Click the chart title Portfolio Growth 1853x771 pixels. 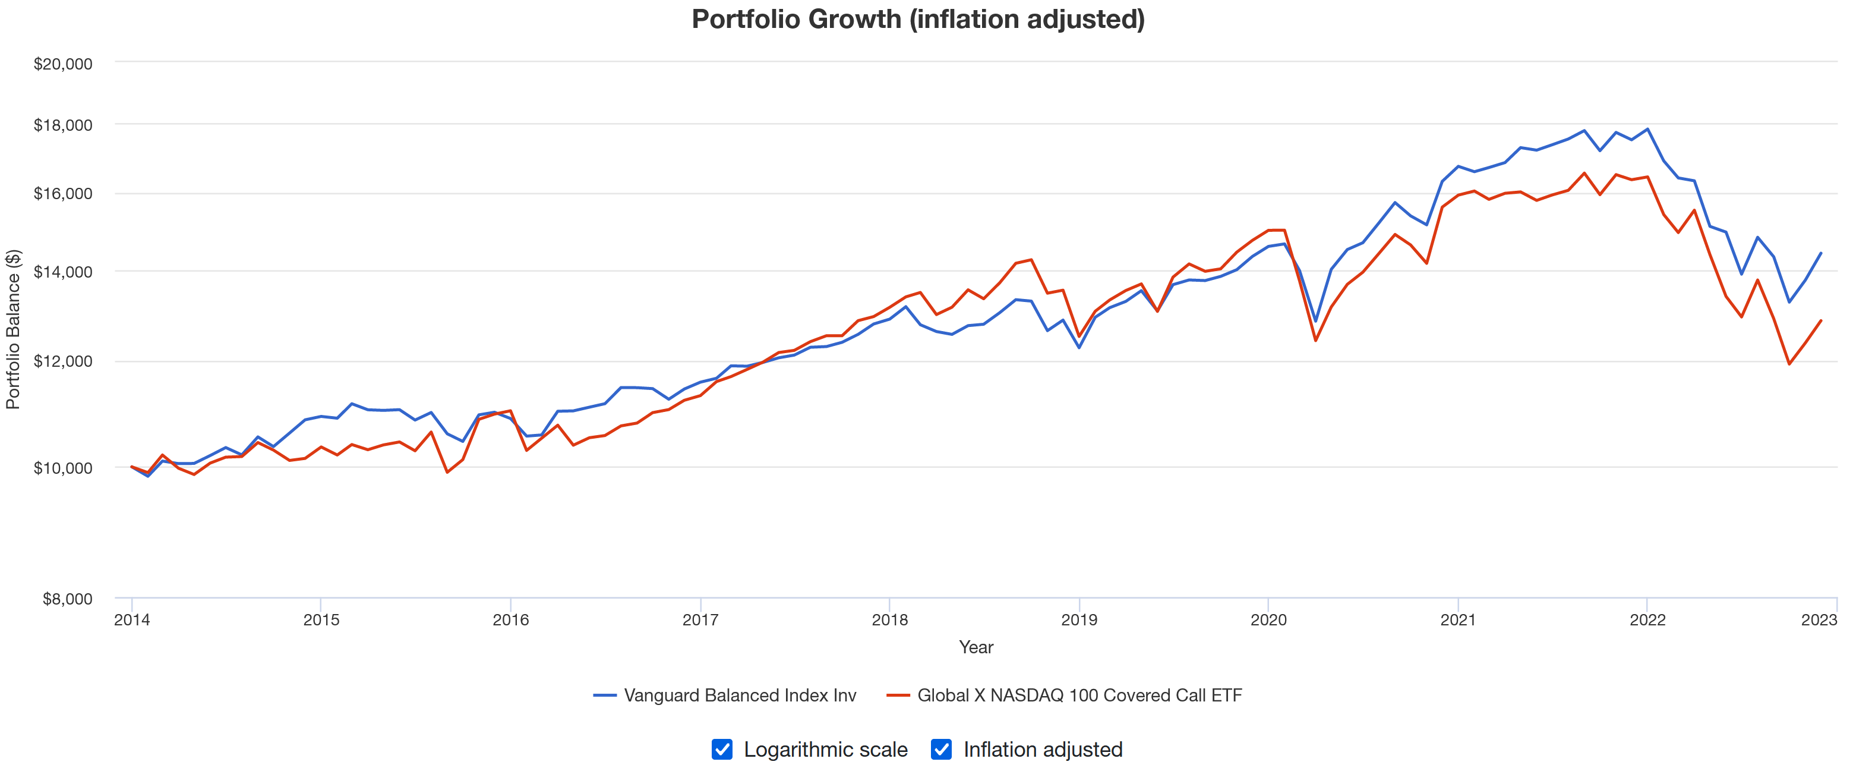[x=918, y=20]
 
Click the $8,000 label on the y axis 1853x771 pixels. [x=67, y=599]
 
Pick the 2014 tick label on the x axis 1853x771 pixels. [x=132, y=620]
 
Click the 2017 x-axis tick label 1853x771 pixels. [x=700, y=620]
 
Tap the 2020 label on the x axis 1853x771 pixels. [x=1268, y=620]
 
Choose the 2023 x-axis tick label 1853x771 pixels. [x=1819, y=620]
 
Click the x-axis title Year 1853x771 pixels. [x=976, y=647]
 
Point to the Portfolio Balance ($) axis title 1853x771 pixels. [x=14, y=329]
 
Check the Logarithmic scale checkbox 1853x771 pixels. [x=722, y=750]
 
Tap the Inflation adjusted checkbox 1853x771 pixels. [x=941, y=750]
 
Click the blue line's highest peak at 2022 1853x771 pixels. [x=1647, y=130]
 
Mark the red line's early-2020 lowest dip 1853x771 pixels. [x=1316, y=341]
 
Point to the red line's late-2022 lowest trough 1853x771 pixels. [x=1789, y=364]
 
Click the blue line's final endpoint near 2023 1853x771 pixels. [x=1821, y=253]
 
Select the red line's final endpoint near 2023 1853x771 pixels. [x=1821, y=321]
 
